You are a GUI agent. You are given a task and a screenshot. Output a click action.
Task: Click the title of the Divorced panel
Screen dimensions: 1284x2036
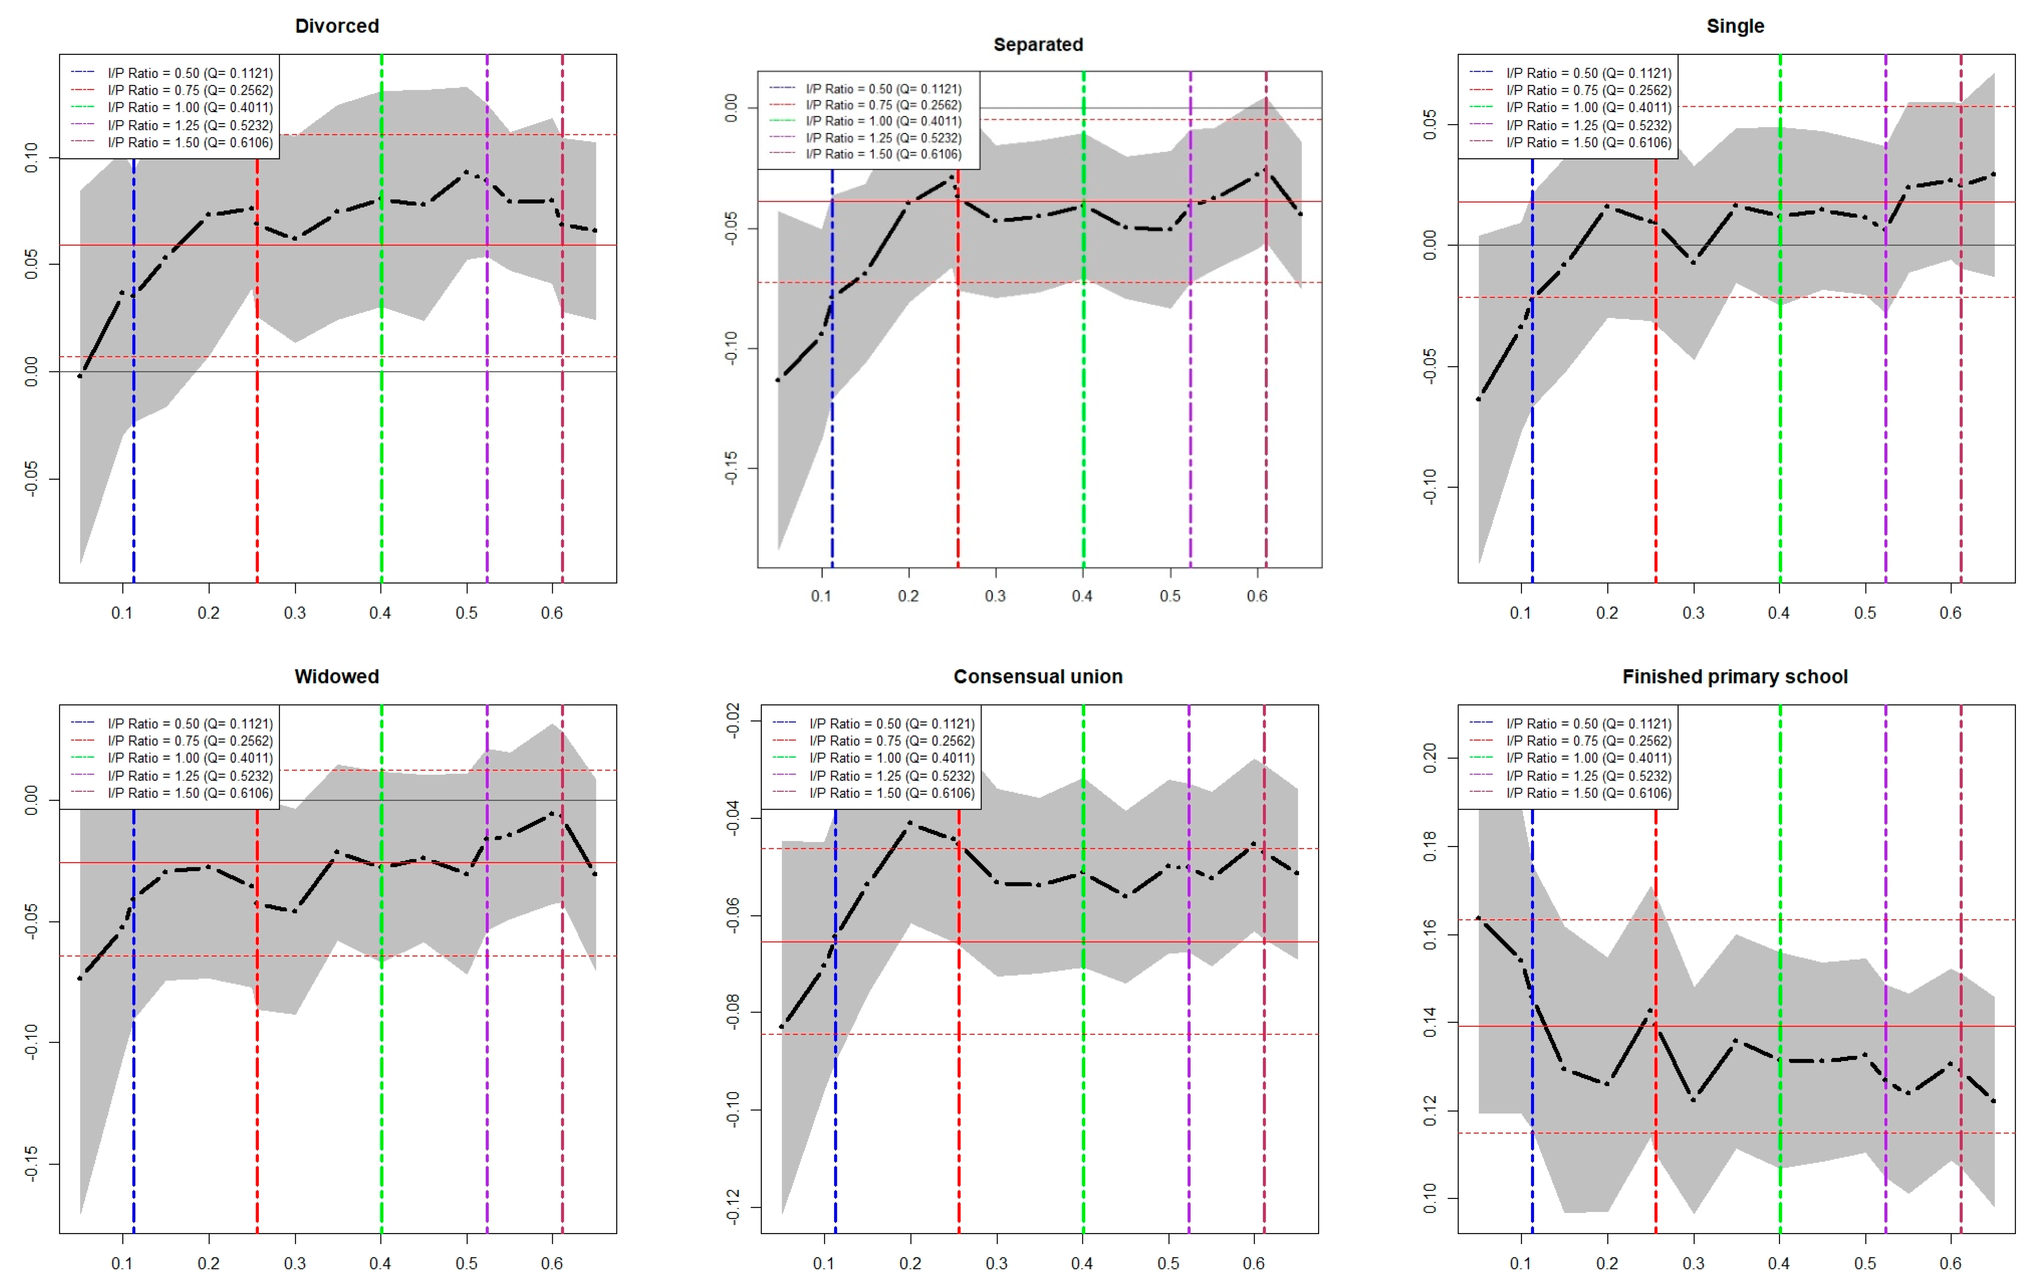[336, 26]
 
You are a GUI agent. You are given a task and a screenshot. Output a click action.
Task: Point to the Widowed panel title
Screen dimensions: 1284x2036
[336, 677]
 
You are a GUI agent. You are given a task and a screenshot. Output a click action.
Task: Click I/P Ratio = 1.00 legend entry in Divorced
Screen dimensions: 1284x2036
[189, 107]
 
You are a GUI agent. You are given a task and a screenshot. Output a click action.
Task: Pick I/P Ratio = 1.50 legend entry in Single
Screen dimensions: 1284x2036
[1588, 142]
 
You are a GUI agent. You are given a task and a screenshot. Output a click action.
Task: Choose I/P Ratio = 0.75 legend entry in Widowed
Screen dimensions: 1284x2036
[189, 741]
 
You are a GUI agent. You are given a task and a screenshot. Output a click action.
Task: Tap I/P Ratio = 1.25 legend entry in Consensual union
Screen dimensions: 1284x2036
[891, 776]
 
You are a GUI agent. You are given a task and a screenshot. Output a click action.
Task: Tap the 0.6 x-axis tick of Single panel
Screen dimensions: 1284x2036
[1950, 612]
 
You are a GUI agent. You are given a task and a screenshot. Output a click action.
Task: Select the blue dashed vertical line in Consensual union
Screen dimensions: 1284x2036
[835, 1100]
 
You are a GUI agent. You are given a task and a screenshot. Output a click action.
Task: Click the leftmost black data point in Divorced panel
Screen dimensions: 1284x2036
[80, 375]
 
